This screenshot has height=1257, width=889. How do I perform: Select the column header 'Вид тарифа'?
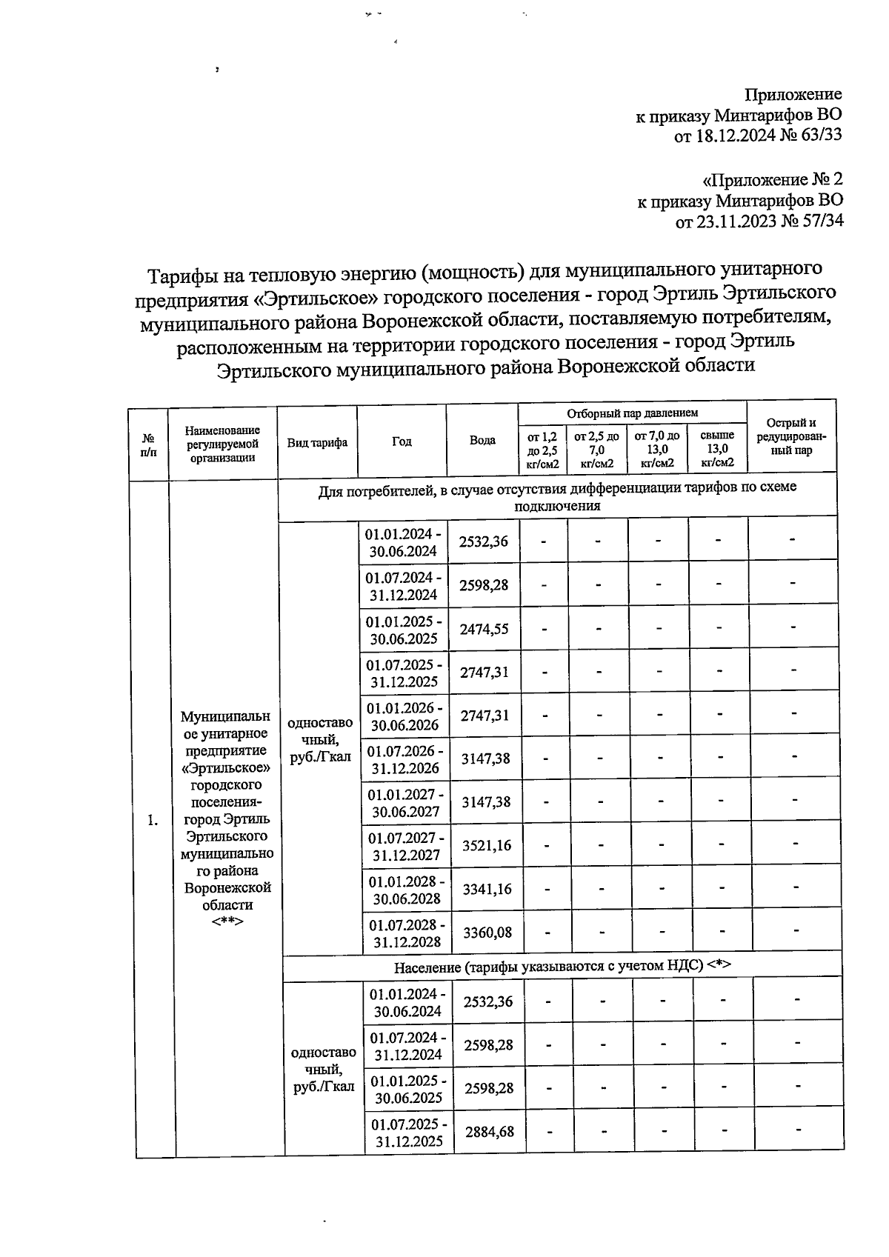tap(317, 442)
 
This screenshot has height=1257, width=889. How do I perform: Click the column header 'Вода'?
tap(482, 440)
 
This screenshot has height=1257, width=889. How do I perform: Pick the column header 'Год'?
tap(402, 441)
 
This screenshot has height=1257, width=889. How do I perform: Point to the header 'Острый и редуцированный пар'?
tap(791, 436)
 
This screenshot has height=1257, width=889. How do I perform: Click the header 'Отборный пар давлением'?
tap(632, 413)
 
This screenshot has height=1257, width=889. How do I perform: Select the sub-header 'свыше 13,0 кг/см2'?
tap(717, 449)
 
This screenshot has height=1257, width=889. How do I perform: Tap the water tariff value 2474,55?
tap(484, 629)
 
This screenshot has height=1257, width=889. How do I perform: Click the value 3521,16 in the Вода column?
tap(486, 845)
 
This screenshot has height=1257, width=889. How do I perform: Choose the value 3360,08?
tap(487, 932)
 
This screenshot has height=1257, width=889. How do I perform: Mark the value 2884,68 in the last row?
tap(489, 1132)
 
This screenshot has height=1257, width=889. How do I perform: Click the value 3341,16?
tap(487, 889)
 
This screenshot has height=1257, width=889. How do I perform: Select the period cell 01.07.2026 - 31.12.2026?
tap(405, 759)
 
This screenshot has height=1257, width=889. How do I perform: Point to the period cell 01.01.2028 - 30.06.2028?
tap(407, 890)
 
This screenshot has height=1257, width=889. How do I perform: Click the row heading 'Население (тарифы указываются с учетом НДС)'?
tap(562, 967)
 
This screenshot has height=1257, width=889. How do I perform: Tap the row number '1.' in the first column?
tap(153, 820)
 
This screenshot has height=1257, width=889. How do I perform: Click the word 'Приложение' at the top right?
tap(793, 94)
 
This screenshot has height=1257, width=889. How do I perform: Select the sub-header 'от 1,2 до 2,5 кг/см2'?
tap(542, 450)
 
